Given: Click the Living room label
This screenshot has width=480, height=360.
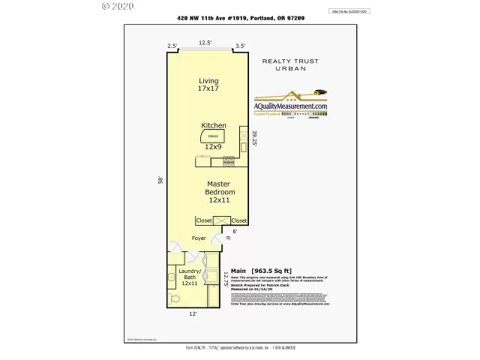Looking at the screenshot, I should (208, 85).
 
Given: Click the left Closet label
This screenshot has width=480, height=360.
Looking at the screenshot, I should (203, 220).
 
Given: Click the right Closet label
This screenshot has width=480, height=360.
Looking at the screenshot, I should (238, 220).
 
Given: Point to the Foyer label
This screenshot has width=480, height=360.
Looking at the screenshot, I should (198, 238).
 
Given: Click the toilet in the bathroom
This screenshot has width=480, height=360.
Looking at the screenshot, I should (176, 298).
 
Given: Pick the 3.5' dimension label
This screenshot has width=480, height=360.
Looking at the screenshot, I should (240, 46).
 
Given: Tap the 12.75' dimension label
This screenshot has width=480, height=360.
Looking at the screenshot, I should (225, 280).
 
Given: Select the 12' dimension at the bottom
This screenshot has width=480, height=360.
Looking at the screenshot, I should (193, 315).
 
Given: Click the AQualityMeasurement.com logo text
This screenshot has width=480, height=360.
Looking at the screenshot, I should (291, 107).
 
